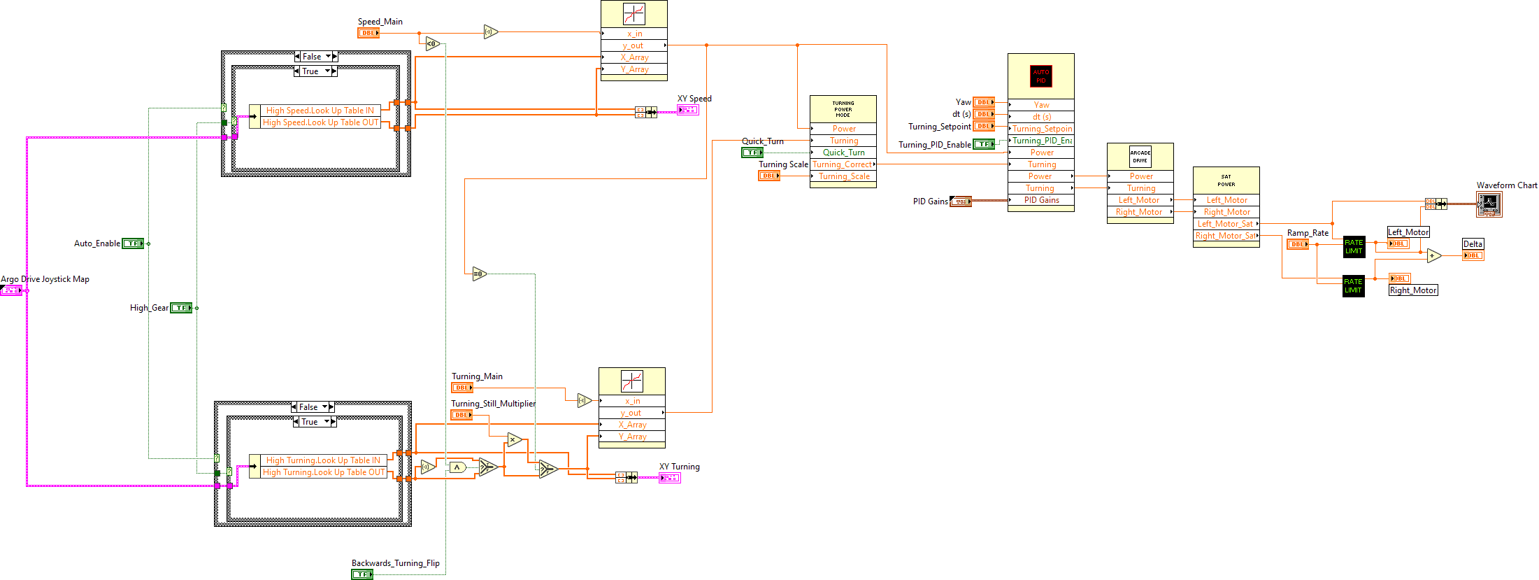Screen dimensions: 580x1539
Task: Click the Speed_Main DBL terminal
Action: (368, 33)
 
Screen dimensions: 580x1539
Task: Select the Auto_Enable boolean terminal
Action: (133, 243)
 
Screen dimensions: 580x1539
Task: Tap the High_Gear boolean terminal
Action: (181, 308)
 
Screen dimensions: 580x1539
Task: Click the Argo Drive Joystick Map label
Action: (45, 279)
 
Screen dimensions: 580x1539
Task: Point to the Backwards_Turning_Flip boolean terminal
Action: (362, 574)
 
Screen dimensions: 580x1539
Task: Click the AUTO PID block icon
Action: (1040, 76)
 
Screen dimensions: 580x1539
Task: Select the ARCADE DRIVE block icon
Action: (1140, 157)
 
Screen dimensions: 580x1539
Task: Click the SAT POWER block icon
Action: (1226, 181)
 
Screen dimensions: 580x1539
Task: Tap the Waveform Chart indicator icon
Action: (1489, 204)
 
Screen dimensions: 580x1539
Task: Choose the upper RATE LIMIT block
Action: (1353, 247)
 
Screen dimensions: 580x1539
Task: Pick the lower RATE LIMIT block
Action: (1353, 286)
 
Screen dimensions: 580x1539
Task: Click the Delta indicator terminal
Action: (1473, 255)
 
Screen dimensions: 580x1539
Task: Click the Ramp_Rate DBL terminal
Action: (1297, 244)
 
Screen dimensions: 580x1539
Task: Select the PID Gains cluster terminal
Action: (961, 201)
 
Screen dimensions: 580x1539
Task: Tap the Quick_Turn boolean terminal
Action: (752, 153)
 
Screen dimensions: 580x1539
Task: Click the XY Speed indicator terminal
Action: (687, 110)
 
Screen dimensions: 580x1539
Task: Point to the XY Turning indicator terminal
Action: (669, 478)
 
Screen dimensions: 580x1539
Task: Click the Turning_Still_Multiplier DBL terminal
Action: (461, 415)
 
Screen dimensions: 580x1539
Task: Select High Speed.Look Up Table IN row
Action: (320, 111)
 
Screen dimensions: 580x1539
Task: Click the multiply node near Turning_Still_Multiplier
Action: (515, 440)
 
